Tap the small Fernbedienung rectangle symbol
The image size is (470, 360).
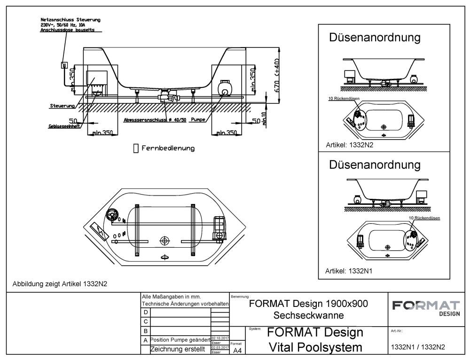coord(136,148)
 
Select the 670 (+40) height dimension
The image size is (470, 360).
coord(277,75)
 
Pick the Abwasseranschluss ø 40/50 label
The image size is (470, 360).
coord(155,120)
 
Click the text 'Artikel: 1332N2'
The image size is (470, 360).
coord(350,146)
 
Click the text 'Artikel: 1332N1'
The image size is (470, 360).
coord(350,271)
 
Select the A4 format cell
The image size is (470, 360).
coord(238,350)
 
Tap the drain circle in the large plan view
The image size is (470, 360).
coord(164,241)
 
